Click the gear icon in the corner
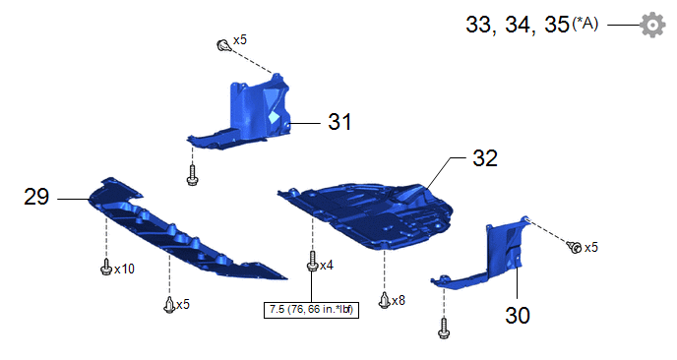(652, 25)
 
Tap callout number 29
(36, 197)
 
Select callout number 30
(518, 315)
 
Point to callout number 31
(339, 122)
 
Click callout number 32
(485, 158)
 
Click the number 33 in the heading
(478, 25)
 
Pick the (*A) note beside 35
(585, 23)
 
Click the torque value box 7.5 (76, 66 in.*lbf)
(311, 310)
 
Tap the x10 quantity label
(124, 269)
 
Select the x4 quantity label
(327, 265)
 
